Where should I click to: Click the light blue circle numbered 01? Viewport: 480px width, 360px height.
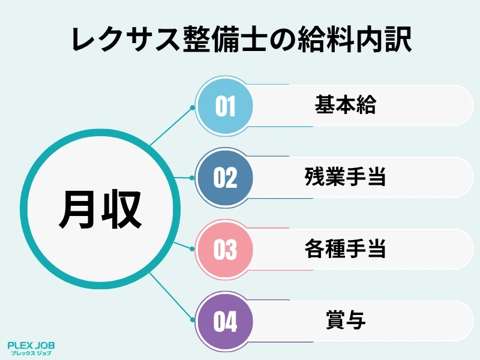pyautogui.click(x=226, y=107)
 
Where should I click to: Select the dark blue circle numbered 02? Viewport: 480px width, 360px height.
pyautogui.click(x=226, y=178)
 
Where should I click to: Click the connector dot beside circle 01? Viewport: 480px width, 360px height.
pyautogui.click(x=193, y=108)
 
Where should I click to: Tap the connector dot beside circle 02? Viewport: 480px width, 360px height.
pyautogui.click(x=193, y=178)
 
